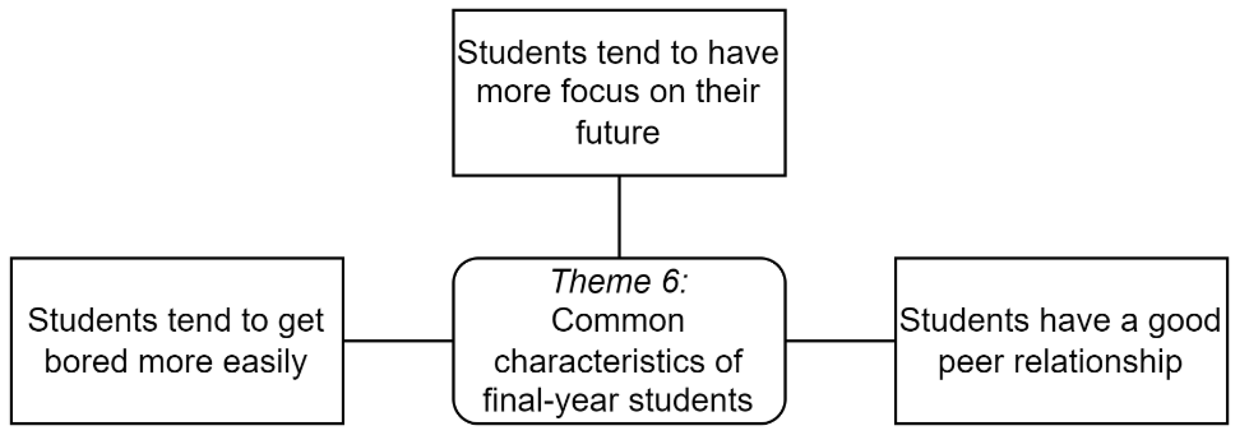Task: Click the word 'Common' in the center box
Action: [x=618, y=321]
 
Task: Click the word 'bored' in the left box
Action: [x=87, y=361]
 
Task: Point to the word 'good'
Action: [x=1188, y=321]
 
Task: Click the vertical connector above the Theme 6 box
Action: [x=619, y=217]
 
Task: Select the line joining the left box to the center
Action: [x=398, y=341]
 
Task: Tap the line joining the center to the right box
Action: [x=840, y=341]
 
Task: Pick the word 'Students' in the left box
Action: [x=92, y=321]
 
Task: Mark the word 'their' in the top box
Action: [x=727, y=91]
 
